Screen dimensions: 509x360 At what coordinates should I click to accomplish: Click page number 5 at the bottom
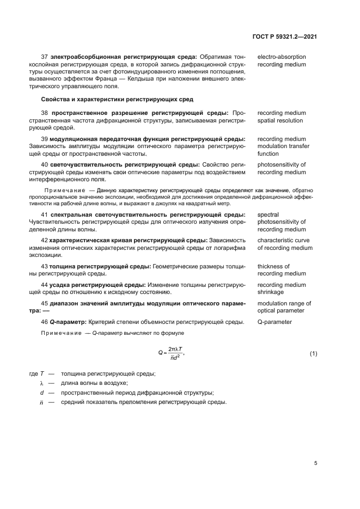coord(315,463)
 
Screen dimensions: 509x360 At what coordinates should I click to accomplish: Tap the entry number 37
coord(45,57)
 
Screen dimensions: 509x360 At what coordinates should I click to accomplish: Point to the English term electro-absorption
coord(281,57)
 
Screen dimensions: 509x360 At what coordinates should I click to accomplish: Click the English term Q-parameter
coord(274,322)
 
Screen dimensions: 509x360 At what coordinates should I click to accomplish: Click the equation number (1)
coord(313,353)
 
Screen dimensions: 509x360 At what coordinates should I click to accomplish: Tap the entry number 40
coord(45,164)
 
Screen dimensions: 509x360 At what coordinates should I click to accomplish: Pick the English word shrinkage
coord(271,292)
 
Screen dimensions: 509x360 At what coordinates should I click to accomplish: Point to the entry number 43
coord(45,266)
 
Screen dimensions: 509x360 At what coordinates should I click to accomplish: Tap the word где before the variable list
coord(33,373)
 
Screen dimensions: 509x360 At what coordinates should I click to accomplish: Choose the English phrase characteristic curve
coord(283,240)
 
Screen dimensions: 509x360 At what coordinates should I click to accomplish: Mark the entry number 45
coord(45,303)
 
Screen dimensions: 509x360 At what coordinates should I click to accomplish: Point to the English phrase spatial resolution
coord(280,120)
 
